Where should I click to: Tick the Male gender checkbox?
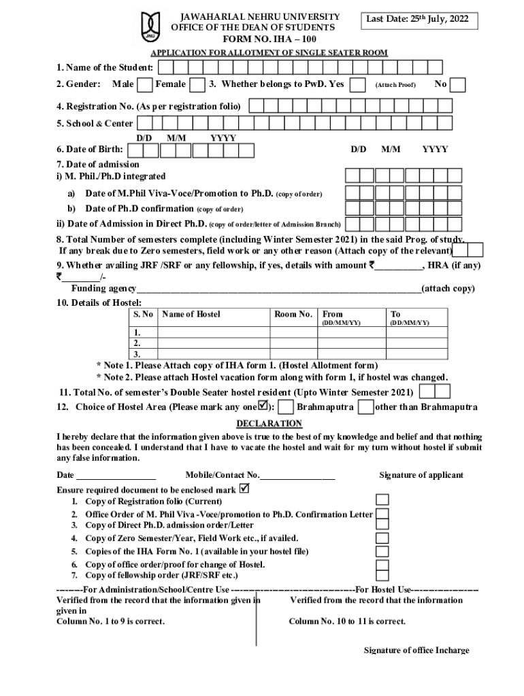coord(144,85)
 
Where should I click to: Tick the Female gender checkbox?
coord(197,85)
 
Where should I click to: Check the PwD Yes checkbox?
coord(357,85)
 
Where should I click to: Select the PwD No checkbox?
coord(458,85)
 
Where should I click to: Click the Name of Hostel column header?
coord(192,314)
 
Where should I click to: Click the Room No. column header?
coord(293,314)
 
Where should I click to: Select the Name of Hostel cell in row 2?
coord(214,343)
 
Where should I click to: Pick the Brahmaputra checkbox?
coord(287,407)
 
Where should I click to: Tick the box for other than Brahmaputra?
coord(365,407)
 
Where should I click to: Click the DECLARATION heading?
coord(269,423)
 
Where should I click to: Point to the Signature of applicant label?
coord(421,475)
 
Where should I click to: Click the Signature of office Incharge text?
coord(416,650)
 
